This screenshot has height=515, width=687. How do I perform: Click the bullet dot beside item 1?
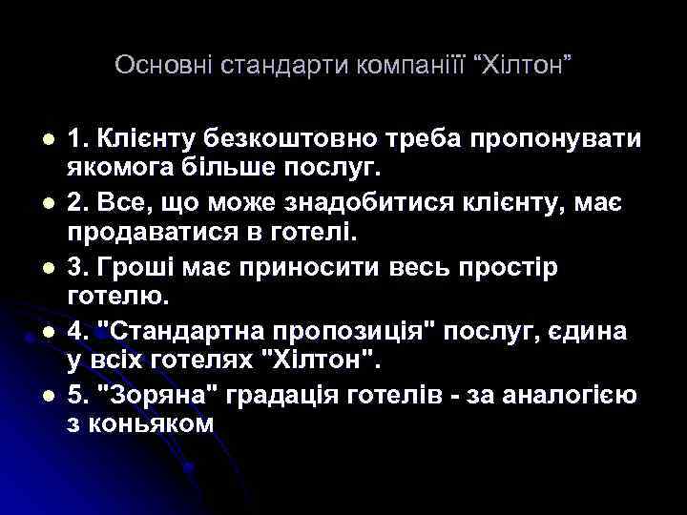[x=35, y=139]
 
